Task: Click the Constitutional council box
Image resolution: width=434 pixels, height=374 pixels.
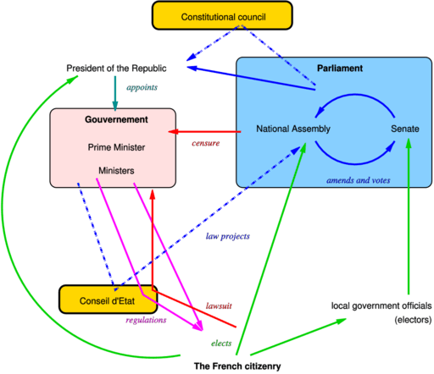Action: (222, 15)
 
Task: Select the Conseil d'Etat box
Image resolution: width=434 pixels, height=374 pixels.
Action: (108, 300)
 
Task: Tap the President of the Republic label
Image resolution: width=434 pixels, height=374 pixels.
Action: (116, 69)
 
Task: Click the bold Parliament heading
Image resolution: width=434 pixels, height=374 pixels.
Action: (340, 69)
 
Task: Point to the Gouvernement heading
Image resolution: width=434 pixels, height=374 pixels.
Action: (116, 119)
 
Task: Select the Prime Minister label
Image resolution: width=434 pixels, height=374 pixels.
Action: (116, 147)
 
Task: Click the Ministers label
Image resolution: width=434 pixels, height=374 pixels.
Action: (116, 171)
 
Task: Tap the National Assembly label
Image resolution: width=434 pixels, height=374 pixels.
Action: (293, 129)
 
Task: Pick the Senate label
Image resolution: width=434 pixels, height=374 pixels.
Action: (405, 129)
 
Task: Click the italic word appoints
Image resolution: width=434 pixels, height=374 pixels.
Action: (142, 87)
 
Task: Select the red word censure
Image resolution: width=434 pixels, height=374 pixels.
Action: (206, 143)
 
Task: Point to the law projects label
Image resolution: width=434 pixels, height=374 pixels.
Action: (228, 236)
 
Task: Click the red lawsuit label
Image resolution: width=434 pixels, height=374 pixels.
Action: (219, 306)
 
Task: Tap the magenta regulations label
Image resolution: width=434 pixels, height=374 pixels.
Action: (146, 320)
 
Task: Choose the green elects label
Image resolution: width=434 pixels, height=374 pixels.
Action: (221, 344)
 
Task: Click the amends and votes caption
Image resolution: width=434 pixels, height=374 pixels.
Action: (359, 180)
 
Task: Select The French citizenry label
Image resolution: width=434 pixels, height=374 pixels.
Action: (237, 366)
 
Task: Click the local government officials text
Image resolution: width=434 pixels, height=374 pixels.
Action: (381, 305)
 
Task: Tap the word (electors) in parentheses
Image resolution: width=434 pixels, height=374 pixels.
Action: (413, 320)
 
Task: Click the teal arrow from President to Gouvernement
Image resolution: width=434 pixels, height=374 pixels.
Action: (115, 93)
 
